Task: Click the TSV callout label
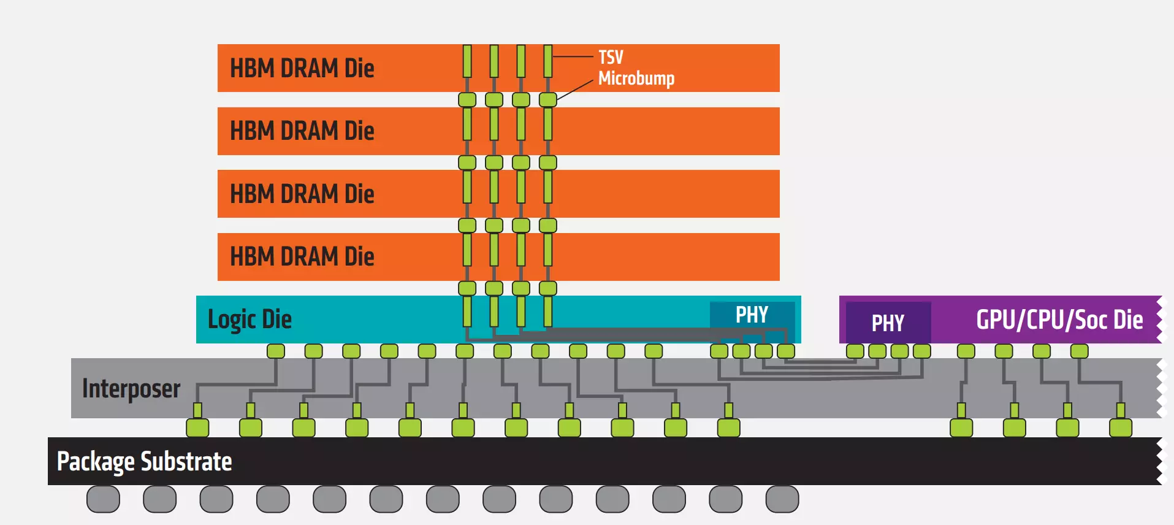pyautogui.click(x=611, y=57)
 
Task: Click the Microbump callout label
pyautogui.click(x=636, y=79)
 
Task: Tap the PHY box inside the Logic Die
pyautogui.click(x=752, y=315)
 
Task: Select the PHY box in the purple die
pyautogui.click(x=888, y=323)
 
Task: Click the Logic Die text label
pyautogui.click(x=250, y=320)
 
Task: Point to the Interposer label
pyautogui.click(x=131, y=389)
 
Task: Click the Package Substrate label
pyautogui.click(x=145, y=462)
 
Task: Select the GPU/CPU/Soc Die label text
pyautogui.click(x=1059, y=320)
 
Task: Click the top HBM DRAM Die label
pyautogui.click(x=302, y=68)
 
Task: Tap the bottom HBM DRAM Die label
pyautogui.click(x=302, y=256)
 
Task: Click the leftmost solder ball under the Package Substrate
pyautogui.click(x=103, y=499)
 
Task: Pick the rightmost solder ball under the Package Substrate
pyautogui.click(x=782, y=499)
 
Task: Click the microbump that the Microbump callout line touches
pyautogui.click(x=548, y=99)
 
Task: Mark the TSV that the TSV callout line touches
pyautogui.click(x=548, y=61)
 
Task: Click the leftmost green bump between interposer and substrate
pyautogui.click(x=197, y=427)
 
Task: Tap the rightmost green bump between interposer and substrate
pyautogui.click(x=1121, y=427)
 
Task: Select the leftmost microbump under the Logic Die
pyautogui.click(x=276, y=351)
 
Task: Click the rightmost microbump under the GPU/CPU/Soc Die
pyautogui.click(x=1080, y=351)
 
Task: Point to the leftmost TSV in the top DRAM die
pyautogui.click(x=467, y=61)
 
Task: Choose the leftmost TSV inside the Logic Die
pyautogui.click(x=467, y=311)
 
